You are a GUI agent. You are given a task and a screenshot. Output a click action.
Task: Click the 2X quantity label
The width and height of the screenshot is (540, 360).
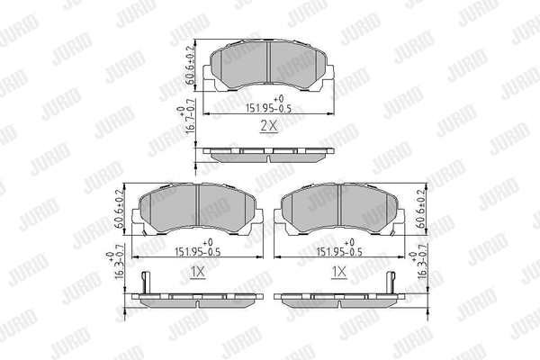pyautogui.click(x=268, y=126)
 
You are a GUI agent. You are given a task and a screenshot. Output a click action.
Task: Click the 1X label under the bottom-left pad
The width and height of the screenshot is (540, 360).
pyautogui.click(x=198, y=273)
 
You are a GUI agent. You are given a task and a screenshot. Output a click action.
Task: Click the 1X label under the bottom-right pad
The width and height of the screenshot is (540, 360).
pyautogui.click(x=339, y=273)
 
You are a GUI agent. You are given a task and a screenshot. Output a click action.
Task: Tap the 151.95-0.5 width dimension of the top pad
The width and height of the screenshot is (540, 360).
pyautogui.click(x=268, y=108)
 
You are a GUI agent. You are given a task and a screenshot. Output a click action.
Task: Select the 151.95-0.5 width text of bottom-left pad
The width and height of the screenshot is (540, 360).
pyautogui.click(x=198, y=252)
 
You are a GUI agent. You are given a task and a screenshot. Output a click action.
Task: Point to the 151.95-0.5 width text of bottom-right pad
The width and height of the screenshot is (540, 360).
pyautogui.click(x=339, y=252)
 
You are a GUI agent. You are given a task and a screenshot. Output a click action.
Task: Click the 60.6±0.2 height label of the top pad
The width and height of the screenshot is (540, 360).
pyautogui.click(x=191, y=66)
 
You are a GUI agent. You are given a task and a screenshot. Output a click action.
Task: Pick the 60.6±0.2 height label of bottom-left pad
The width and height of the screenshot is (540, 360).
pyautogui.click(x=119, y=210)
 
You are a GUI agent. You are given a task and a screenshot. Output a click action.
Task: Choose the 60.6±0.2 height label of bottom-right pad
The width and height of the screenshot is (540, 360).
pyautogui.click(x=422, y=210)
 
